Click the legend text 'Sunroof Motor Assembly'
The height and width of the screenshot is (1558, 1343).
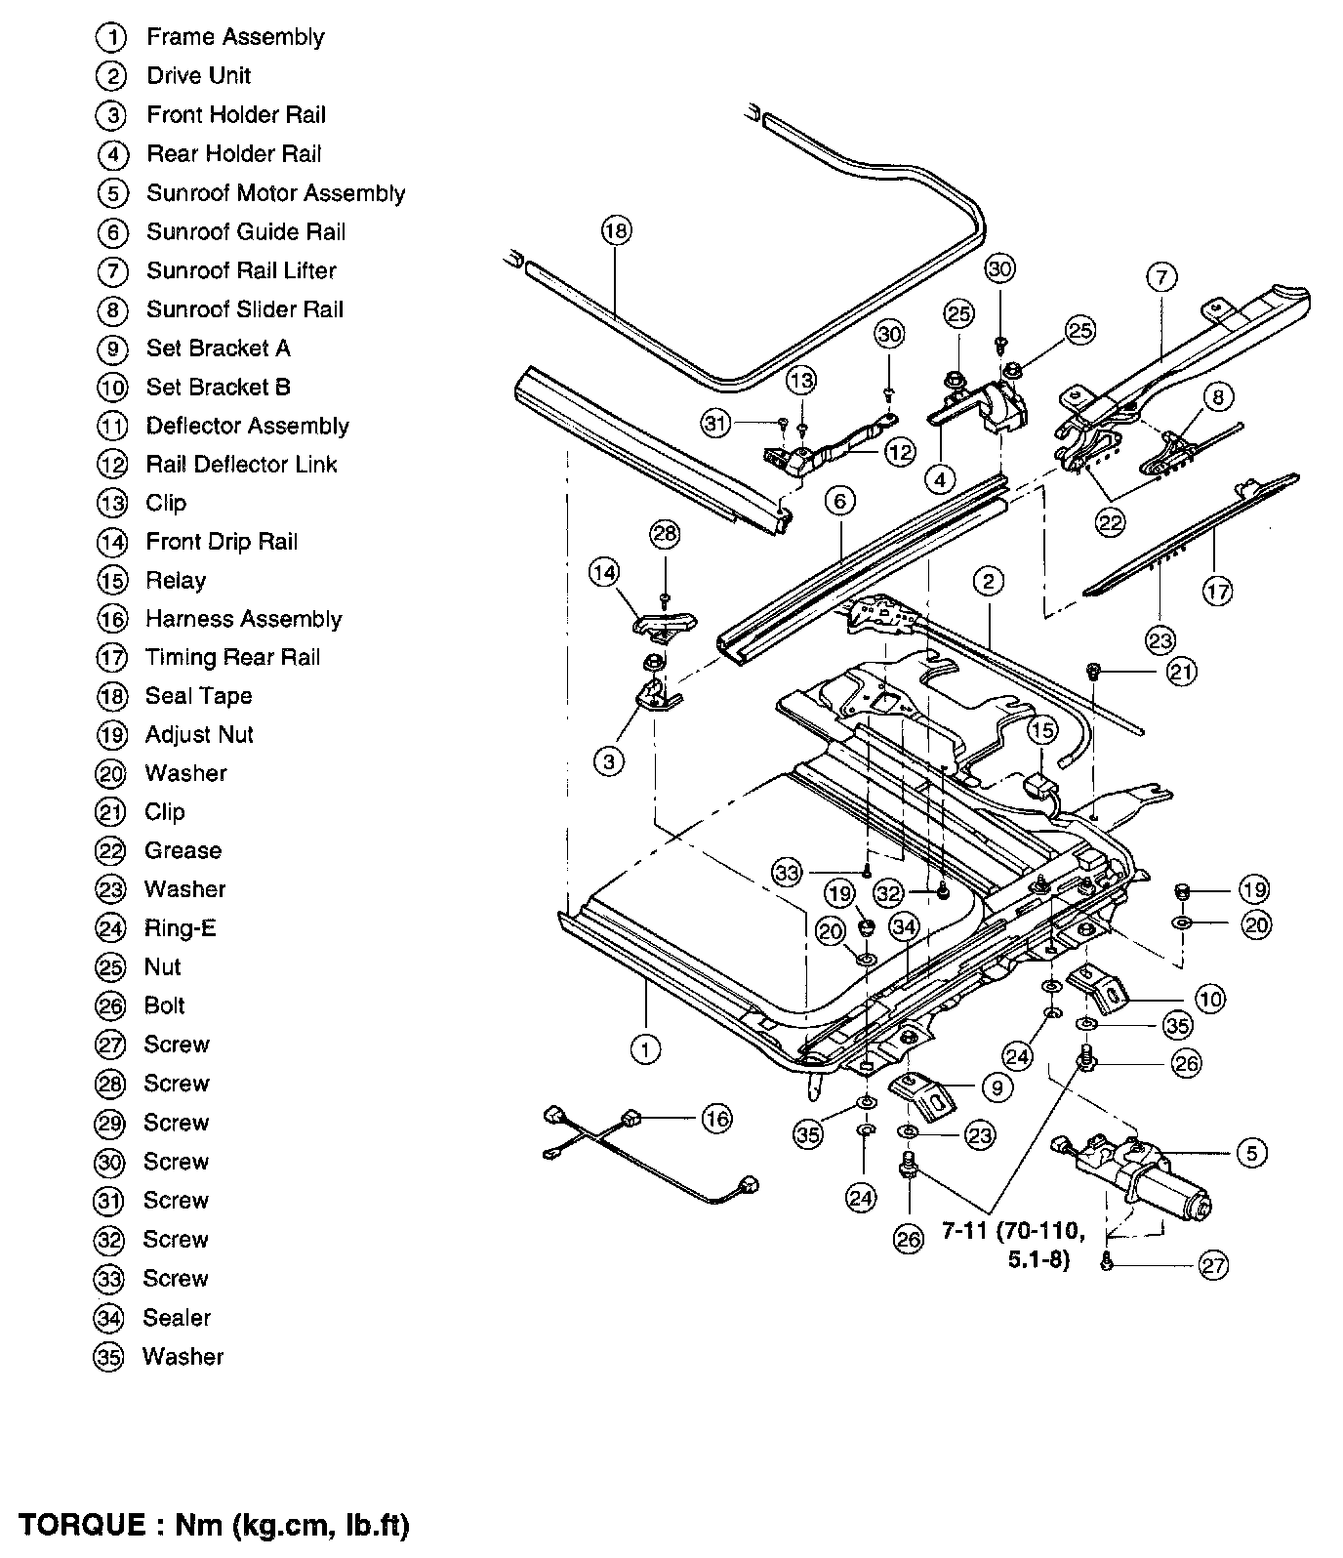[x=275, y=193]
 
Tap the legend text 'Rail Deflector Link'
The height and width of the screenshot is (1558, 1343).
[x=241, y=465]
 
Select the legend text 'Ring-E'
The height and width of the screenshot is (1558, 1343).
[x=181, y=928]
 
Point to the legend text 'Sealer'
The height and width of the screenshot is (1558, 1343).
[x=177, y=1318]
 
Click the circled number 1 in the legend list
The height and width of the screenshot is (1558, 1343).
[x=112, y=38]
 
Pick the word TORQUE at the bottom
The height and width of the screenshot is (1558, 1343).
[x=80, y=1525]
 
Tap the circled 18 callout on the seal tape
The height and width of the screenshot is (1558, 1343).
[x=616, y=231]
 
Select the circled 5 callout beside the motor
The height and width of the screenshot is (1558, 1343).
[x=1251, y=1153]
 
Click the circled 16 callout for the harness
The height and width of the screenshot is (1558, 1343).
[x=716, y=1118]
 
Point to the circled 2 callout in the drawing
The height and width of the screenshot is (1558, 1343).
[x=988, y=583]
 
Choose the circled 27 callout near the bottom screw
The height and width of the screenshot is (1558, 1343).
[x=1212, y=1266]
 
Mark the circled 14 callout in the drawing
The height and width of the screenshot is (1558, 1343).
[x=604, y=571]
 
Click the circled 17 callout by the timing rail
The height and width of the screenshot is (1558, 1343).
[x=1217, y=591]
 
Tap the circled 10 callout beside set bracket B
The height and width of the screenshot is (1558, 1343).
[x=1209, y=999]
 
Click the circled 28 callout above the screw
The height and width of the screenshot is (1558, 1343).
[x=665, y=534]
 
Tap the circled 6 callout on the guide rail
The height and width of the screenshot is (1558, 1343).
[x=838, y=502]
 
